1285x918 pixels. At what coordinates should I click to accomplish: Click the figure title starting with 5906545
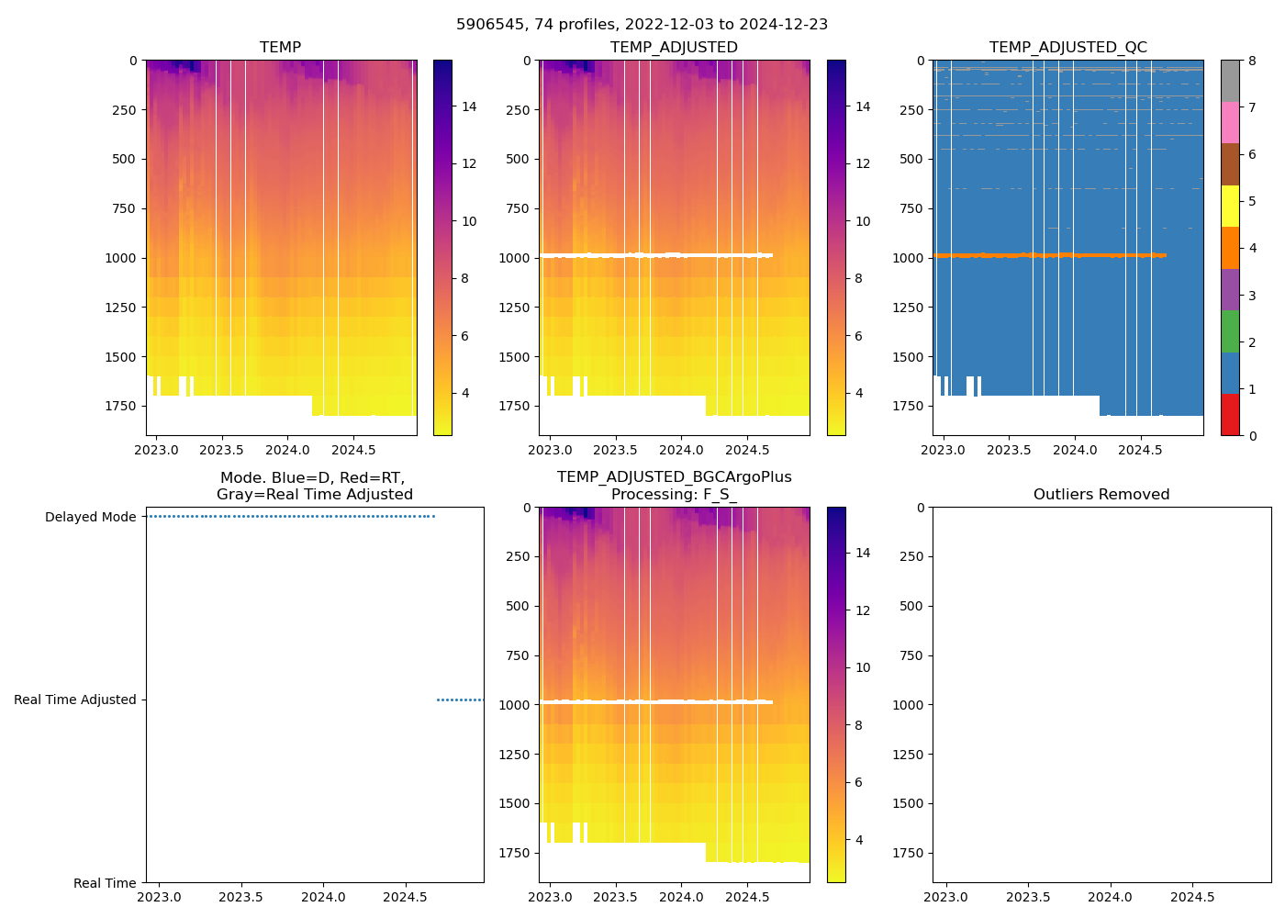point(642,25)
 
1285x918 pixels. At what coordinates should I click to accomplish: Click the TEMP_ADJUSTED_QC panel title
point(1067,48)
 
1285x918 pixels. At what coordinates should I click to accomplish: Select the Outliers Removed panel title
point(1101,495)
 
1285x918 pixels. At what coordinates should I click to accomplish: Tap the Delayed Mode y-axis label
point(90,517)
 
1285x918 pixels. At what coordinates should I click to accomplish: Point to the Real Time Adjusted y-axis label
point(75,700)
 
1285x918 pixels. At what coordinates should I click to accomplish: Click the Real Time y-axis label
point(105,883)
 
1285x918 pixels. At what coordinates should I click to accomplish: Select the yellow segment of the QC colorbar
point(1230,206)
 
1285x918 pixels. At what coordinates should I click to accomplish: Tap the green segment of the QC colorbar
point(1230,331)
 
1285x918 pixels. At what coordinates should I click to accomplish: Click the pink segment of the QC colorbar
point(1230,122)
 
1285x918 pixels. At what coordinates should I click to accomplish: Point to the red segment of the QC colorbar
point(1230,415)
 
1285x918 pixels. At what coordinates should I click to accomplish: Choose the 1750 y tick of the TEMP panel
point(120,406)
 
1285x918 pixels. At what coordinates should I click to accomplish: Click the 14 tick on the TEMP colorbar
point(469,106)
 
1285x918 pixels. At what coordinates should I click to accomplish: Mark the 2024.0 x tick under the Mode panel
point(323,897)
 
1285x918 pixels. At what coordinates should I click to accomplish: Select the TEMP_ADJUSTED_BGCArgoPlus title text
point(674,477)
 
